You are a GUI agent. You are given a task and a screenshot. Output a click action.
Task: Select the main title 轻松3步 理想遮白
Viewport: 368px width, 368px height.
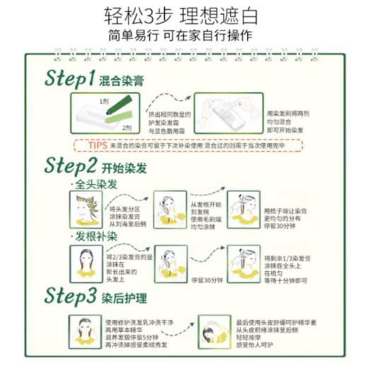click(184, 15)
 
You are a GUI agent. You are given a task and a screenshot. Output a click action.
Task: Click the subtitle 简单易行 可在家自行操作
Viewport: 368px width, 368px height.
click(184, 36)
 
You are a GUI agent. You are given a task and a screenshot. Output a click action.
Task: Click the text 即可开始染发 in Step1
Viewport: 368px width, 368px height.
click(285, 130)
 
